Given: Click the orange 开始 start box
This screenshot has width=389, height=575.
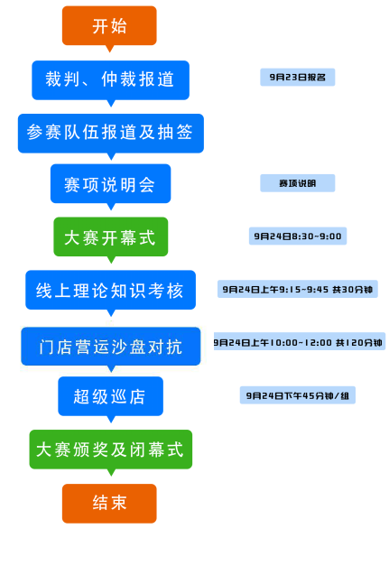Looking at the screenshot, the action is click(109, 25).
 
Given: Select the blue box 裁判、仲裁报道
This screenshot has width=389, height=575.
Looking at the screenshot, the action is click(110, 80).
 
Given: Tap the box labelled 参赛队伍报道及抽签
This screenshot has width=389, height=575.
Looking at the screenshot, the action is click(111, 133).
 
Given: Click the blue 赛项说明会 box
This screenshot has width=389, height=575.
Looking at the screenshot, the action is click(110, 183).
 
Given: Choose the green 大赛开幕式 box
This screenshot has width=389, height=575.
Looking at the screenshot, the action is click(111, 236).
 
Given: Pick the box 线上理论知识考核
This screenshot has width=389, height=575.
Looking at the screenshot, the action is click(110, 290).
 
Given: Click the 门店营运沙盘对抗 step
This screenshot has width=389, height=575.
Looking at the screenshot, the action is click(111, 347).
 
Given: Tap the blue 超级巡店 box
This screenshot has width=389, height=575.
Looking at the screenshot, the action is click(110, 396).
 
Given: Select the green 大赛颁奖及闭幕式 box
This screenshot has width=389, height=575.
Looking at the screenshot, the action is click(111, 450).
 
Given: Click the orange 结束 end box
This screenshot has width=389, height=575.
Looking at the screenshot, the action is click(109, 504).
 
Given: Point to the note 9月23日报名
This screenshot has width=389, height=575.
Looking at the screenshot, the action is click(297, 77).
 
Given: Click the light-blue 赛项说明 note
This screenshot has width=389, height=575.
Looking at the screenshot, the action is click(297, 183).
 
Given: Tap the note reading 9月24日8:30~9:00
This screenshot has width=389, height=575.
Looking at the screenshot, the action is click(298, 236).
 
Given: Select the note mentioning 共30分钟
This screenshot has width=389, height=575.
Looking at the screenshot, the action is click(297, 289).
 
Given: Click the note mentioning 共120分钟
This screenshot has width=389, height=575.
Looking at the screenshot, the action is click(299, 341).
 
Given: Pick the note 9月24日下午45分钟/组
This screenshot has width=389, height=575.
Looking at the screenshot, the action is click(297, 395).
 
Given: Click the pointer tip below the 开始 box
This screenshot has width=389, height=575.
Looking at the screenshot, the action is click(109, 52).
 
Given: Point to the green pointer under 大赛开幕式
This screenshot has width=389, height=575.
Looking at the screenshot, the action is click(111, 260).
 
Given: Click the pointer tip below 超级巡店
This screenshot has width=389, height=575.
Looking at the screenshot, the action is click(111, 422).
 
